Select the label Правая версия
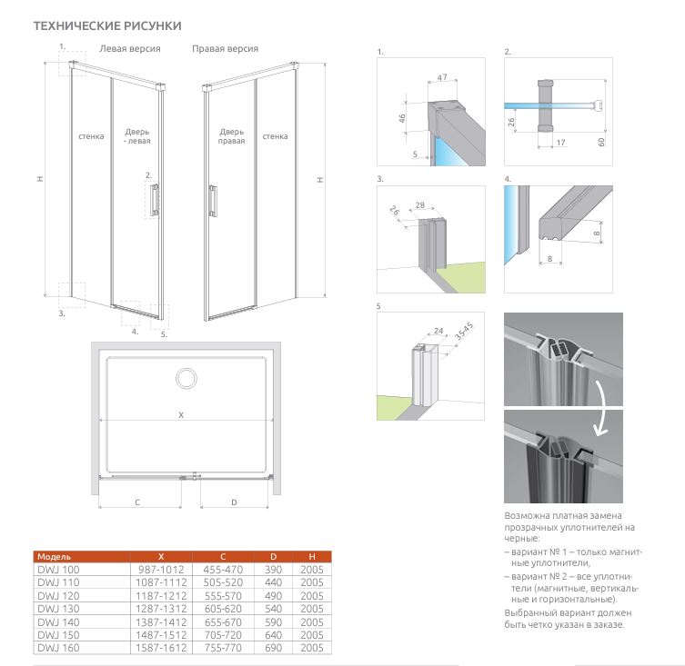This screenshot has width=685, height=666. point(225,48)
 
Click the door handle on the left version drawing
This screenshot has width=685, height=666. point(156,199)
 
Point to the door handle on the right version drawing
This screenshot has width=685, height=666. point(213,199)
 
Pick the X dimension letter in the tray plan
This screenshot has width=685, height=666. point(181,415)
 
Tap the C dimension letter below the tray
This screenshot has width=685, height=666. point(136,502)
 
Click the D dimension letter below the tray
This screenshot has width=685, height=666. point(234,502)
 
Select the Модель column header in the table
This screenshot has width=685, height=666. point(53,555)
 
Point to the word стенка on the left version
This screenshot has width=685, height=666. point(91,137)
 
